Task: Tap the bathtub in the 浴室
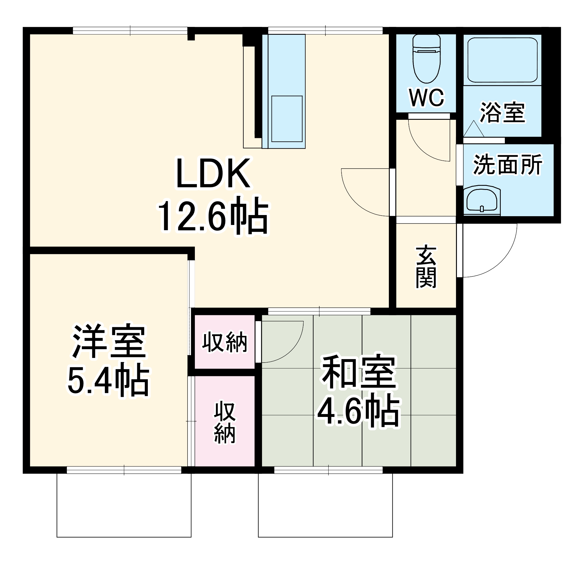(502, 60)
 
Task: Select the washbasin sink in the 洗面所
(481, 200)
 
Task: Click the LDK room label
(213, 174)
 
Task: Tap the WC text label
(427, 98)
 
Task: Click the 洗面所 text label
(508, 164)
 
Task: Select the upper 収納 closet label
(225, 342)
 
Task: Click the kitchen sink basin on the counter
(287, 119)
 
